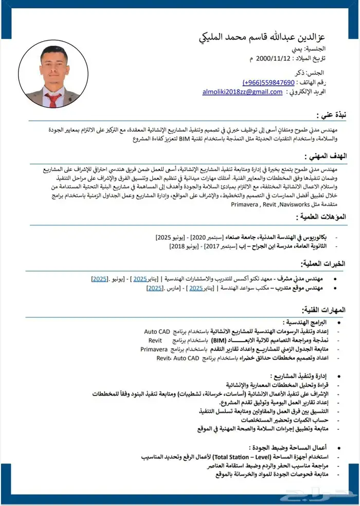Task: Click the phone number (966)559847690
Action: point(268,82)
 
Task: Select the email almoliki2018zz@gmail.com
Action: point(242,92)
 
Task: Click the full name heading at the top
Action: point(275,37)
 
